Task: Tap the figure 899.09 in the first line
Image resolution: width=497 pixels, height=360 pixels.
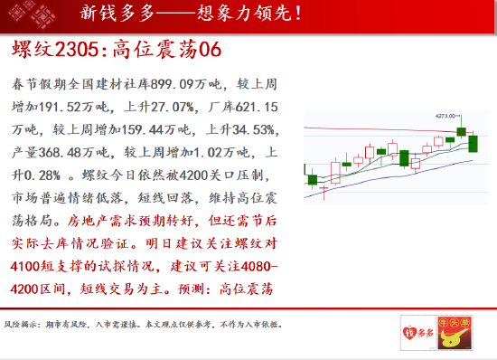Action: click(172, 84)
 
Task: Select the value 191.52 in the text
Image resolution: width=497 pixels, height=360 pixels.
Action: click(60, 108)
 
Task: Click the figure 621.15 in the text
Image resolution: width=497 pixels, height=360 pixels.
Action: click(257, 108)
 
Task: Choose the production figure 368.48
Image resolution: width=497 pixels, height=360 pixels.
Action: click(60, 153)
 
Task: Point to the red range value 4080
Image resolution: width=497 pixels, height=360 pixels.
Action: click(256, 267)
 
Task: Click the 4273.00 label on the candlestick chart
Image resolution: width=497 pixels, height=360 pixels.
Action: click(445, 116)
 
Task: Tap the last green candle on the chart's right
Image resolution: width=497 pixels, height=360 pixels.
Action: click(473, 144)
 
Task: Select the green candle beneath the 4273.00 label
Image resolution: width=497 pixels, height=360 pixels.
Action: click(461, 131)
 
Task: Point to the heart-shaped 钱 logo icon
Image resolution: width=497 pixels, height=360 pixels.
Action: click(408, 333)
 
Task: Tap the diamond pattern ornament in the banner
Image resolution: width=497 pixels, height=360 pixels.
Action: click(33, 14)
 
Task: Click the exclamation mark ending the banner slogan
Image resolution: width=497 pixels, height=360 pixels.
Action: click(297, 14)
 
